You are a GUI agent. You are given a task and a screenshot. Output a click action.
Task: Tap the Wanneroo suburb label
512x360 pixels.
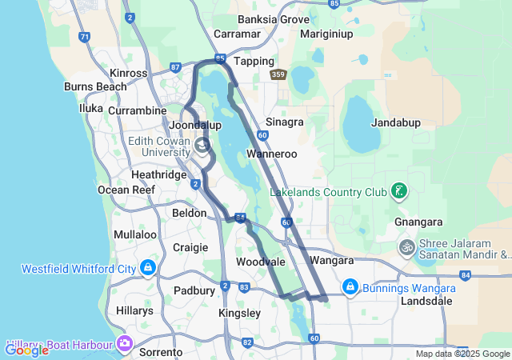point(272,154)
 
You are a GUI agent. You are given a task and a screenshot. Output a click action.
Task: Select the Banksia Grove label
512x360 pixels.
point(274,19)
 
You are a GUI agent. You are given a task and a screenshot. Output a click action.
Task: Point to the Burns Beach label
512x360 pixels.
point(95,86)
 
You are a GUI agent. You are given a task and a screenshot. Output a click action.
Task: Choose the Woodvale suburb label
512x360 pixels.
point(261,262)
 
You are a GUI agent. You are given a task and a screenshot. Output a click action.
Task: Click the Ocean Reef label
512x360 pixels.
point(124,190)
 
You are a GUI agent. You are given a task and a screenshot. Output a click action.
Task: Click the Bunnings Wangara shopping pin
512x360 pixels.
point(350,286)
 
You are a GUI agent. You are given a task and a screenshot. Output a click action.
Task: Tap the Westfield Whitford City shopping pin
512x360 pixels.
point(148,267)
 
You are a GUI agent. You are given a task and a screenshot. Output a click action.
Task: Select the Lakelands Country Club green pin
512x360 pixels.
point(398,190)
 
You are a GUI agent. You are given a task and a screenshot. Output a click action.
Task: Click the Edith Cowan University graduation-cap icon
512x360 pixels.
point(202,145)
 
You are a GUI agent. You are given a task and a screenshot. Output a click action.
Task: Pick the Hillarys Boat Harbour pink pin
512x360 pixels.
point(124,343)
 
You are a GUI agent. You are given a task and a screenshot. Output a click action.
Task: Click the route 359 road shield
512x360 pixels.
point(278,75)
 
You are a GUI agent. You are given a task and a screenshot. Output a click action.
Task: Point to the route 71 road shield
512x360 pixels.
point(86,37)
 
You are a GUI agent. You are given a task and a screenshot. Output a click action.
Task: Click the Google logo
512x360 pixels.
point(26,350)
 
